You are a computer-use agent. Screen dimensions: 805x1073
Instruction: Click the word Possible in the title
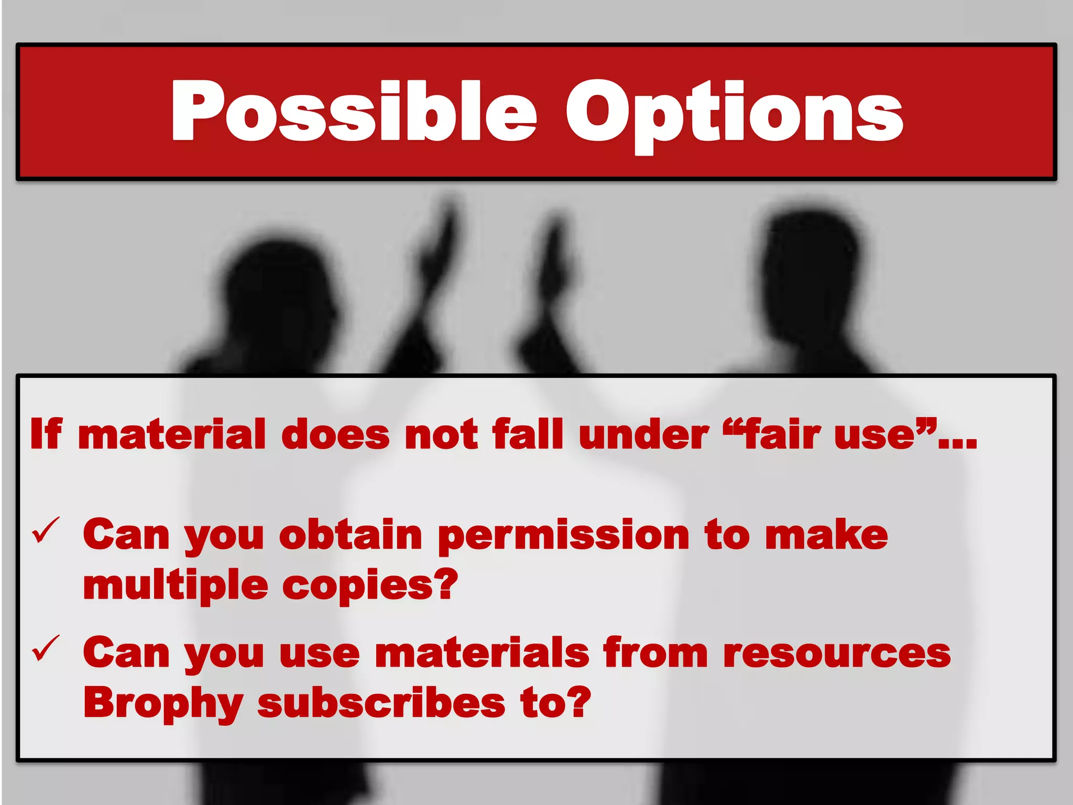(354, 112)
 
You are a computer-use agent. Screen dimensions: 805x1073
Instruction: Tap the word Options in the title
(734, 113)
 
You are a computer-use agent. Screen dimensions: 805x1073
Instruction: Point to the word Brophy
(163, 703)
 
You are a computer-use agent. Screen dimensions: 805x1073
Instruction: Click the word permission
(563, 536)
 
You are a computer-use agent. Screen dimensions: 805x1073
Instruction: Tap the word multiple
(176, 585)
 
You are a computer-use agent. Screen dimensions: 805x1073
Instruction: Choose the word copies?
(370, 585)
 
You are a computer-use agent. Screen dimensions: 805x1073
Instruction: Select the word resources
(836, 653)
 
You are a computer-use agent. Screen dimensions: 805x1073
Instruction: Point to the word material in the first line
(172, 434)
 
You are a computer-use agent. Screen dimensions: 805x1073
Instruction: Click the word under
(643, 434)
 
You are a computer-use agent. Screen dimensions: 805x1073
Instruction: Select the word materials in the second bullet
(483, 652)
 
